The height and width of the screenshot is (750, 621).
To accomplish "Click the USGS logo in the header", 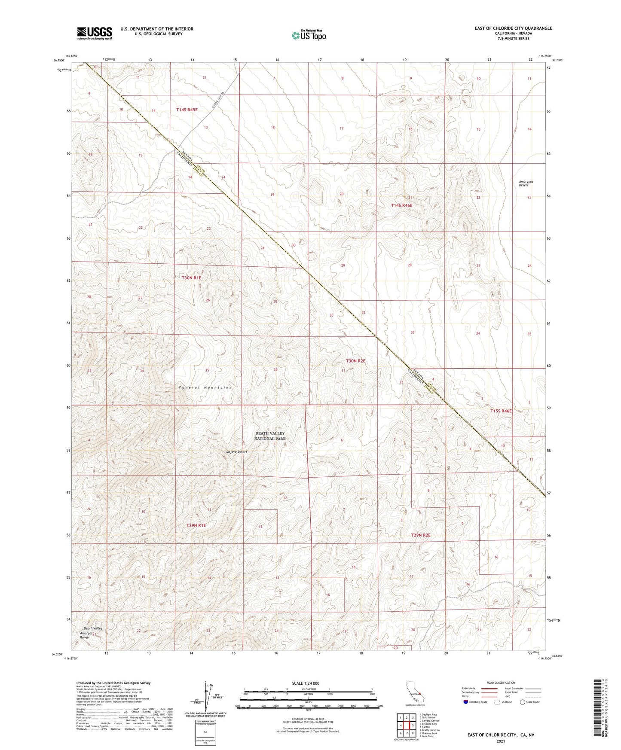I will [x=95, y=33].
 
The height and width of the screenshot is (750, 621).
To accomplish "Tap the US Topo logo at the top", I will [x=309, y=35].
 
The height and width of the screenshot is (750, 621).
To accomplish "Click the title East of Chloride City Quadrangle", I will [x=513, y=28].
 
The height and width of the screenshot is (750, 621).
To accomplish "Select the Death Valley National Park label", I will [x=270, y=436].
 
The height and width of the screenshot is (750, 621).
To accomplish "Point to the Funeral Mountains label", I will [x=205, y=387].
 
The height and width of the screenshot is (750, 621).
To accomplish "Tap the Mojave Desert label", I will [x=237, y=452].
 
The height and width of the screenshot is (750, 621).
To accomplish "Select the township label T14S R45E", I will [x=187, y=110].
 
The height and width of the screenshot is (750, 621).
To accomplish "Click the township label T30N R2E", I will [x=356, y=361].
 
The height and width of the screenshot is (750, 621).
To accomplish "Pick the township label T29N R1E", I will [x=196, y=525].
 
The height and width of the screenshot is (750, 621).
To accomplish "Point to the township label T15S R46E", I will [x=501, y=411].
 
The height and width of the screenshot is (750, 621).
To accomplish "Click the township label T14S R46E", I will [x=401, y=205].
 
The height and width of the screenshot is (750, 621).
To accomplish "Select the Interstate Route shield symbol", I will [x=466, y=702].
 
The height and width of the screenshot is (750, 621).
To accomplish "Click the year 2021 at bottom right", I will [x=501, y=741].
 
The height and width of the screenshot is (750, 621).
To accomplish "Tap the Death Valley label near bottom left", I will [x=93, y=628].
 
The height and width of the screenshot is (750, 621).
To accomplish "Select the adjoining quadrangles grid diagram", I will [x=406, y=726].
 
